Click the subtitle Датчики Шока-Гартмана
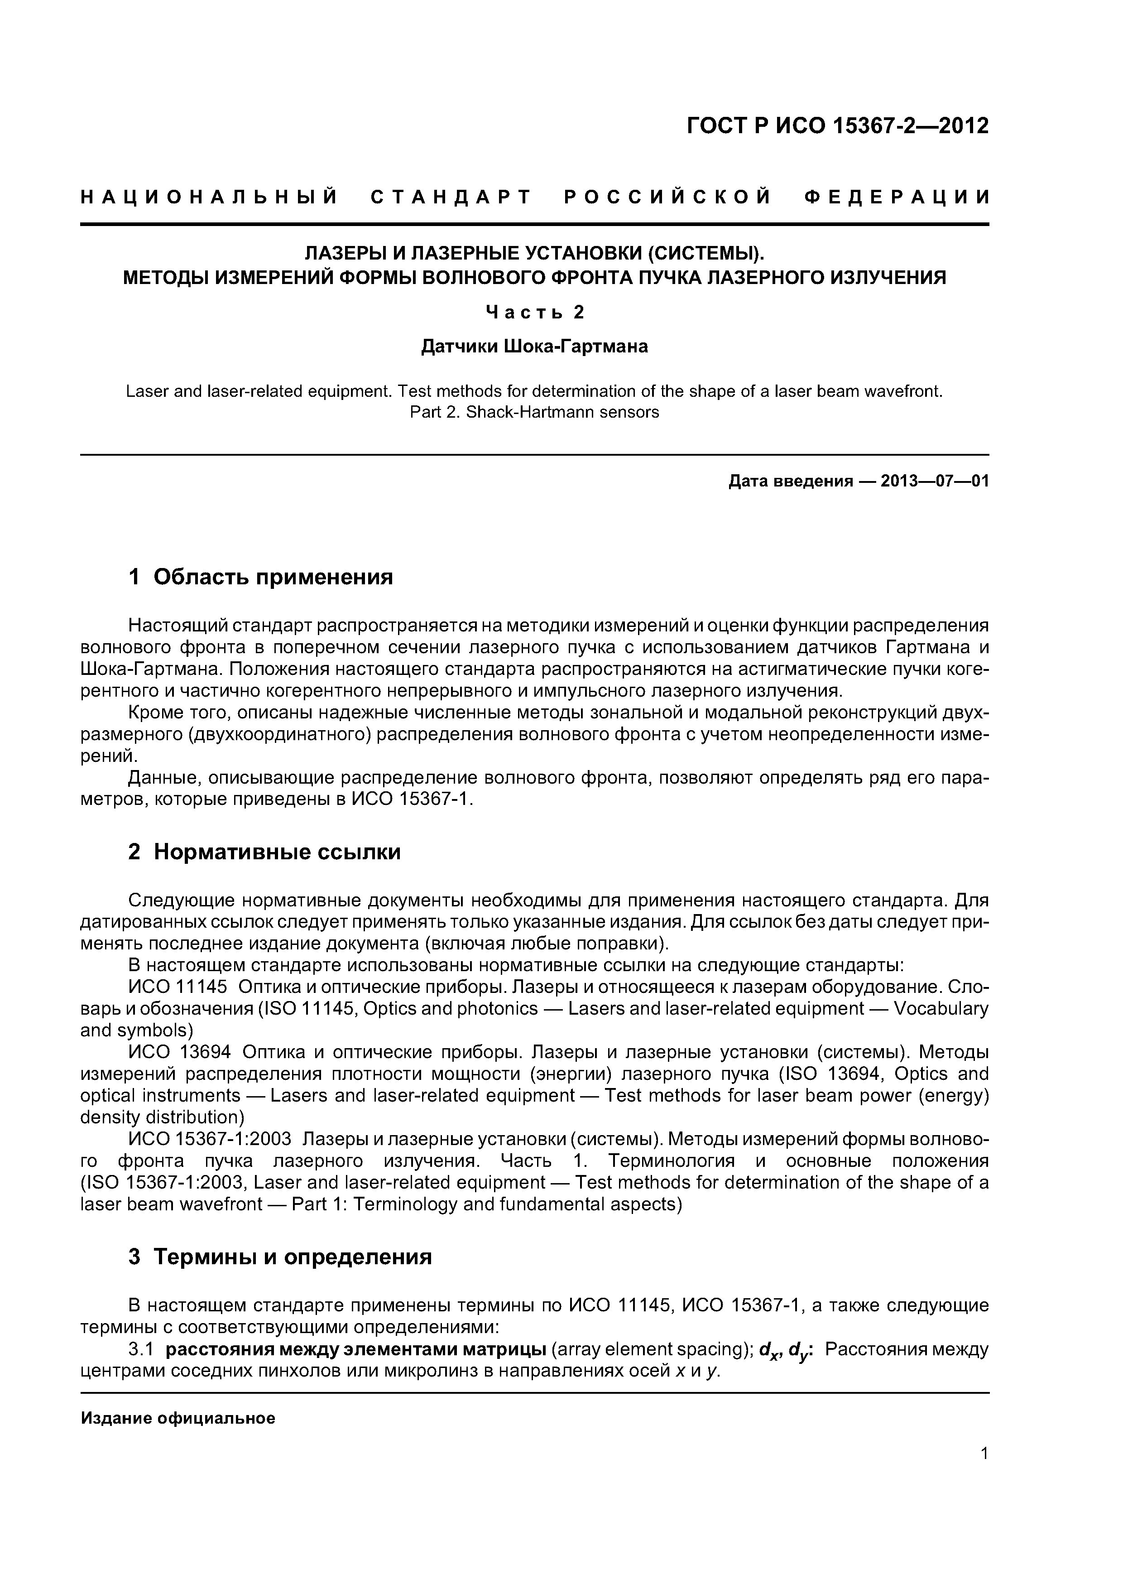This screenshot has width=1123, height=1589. point(534,346)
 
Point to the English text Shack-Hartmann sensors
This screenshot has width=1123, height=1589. point(562,413)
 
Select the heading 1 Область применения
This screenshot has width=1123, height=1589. point(261,577)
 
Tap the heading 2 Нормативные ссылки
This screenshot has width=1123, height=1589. point(264,852)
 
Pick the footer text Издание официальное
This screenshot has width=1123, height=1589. point(178,1419)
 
